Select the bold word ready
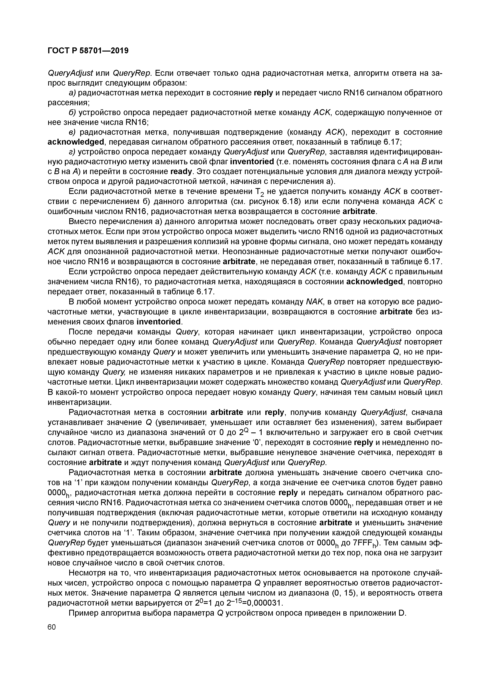tap(181, 172)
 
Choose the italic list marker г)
tap(72, 152)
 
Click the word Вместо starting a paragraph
tap(83, 222)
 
